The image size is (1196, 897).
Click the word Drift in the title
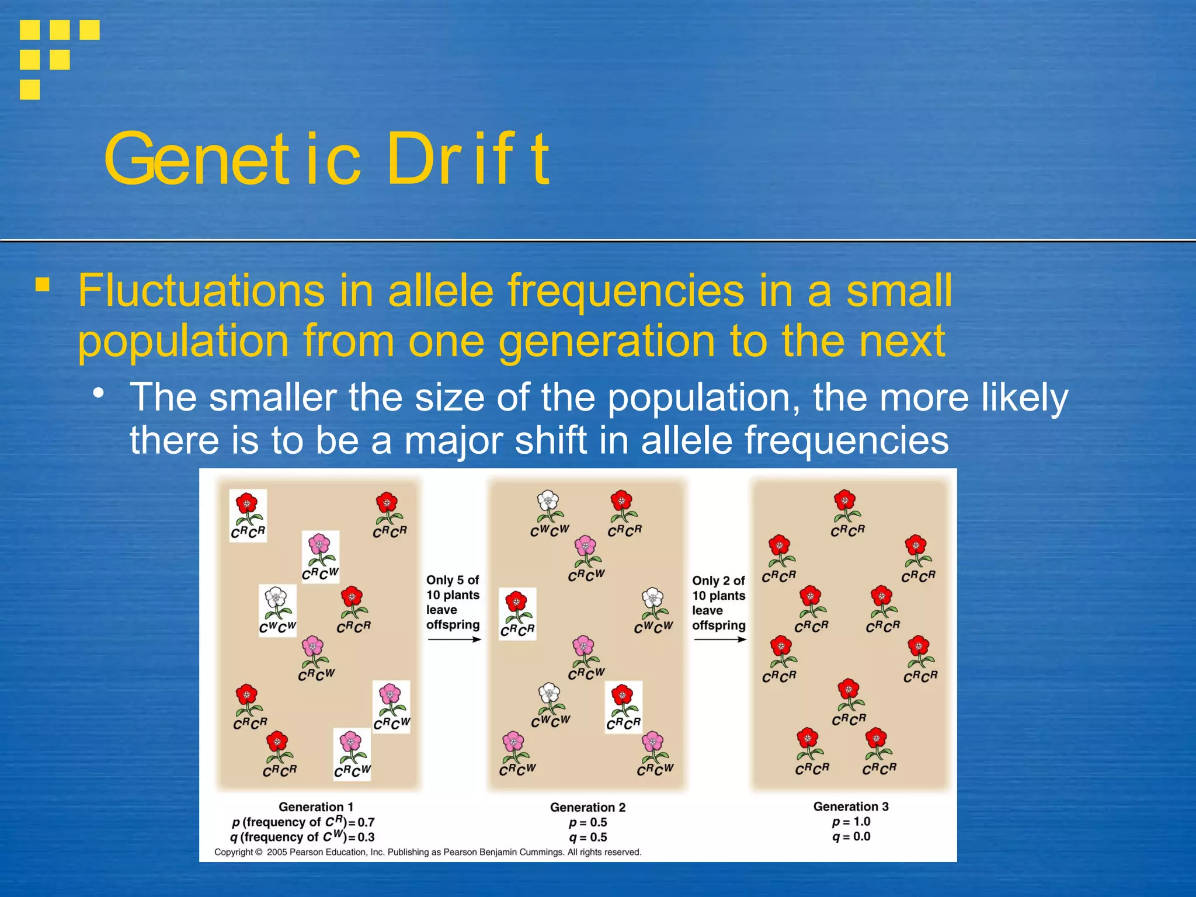tap(467, 159)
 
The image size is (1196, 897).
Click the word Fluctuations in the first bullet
tap(201, 290)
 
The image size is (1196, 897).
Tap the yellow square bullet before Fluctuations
tap(42, 285)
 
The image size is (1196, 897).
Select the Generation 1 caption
tap(316, 806)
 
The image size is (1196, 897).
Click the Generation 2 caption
tap(587, 807)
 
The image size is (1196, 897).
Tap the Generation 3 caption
tap(851, 806)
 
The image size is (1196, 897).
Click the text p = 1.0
tap(851, 822)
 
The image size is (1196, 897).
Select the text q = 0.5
tap(587, 837)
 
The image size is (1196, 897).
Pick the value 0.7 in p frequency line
tap(366, 822)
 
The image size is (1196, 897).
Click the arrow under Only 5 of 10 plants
tap(454, 639)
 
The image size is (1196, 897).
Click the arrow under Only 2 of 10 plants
tap(719, 639)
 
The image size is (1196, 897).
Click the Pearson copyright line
tap(427, 852)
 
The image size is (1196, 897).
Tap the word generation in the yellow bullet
tap(606, 340)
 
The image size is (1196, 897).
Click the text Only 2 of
tap(718, 580)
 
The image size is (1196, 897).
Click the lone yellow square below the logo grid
tap(30, 90)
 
